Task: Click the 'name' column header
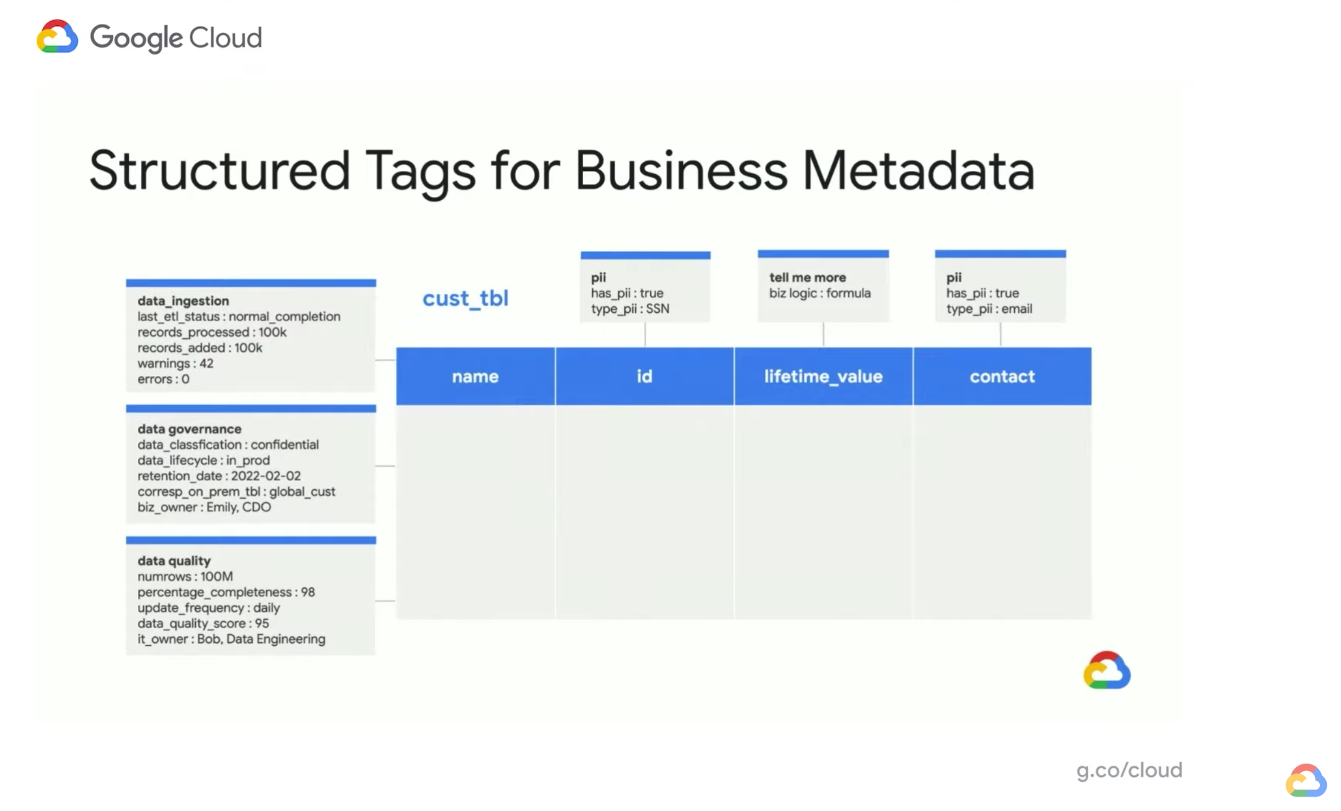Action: click(474, 376)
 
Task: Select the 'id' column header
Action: click(644, 376)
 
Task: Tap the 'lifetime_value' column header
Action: click(823, 376)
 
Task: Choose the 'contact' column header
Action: click(1002, 376)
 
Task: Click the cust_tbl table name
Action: click(465, 298)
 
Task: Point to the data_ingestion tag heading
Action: click(183, 301)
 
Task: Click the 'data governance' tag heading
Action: click(189, 429)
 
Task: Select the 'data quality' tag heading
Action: click(174, 561)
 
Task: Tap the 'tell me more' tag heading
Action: click(808, 278)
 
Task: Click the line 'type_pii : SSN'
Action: click(630, 308)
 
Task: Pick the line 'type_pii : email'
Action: click(989, 308)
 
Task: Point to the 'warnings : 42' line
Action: click(175, 363)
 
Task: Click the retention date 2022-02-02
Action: click(266, 476)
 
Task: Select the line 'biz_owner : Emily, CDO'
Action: click(204, 507)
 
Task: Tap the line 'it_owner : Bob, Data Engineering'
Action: click(232, 638)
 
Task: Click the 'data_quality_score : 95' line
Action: click(203, 623)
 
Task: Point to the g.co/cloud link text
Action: click(1129, 770)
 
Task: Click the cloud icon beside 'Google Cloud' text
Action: click(57, 37)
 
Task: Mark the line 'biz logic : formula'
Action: click(820, 293)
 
